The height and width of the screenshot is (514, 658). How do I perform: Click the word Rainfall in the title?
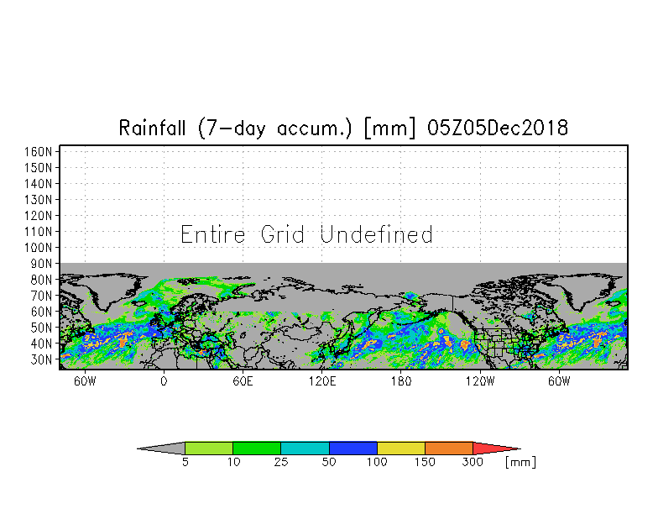coord(152,128)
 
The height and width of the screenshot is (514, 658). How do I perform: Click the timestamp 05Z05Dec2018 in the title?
coord(497,128)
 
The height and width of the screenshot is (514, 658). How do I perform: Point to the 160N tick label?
coord(39,151)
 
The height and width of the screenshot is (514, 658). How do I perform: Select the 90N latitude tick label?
coord(41,264)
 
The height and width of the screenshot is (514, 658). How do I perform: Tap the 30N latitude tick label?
coord(41,359)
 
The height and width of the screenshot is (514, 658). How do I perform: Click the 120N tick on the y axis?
coord(39,216)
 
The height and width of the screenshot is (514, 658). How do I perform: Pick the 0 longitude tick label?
coord(164,381)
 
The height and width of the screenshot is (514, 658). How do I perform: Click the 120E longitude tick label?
coord(322,381)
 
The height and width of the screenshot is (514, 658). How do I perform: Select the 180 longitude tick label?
coord(401,381)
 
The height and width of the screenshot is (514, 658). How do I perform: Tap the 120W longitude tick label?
coord(480,381)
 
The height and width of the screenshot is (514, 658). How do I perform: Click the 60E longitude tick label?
coord(243,381)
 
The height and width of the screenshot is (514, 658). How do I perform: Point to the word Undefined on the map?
coord(376,234)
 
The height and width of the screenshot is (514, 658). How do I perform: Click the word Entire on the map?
coord(213,234)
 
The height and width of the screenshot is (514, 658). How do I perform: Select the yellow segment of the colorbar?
coord(401,448)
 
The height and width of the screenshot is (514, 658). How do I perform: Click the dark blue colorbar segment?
coord(352,448)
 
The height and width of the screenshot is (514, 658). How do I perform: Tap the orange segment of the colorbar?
coord(449,448)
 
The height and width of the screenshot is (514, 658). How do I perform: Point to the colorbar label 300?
coord(473,462)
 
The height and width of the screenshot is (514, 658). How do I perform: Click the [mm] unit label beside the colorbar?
coord(520,462)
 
